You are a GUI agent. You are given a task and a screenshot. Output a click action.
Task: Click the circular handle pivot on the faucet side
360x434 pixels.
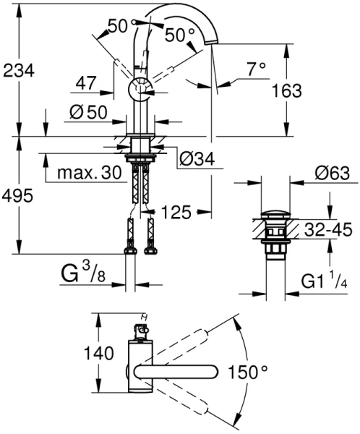138,90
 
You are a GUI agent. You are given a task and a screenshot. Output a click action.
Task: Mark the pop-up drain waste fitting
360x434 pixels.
273,231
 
